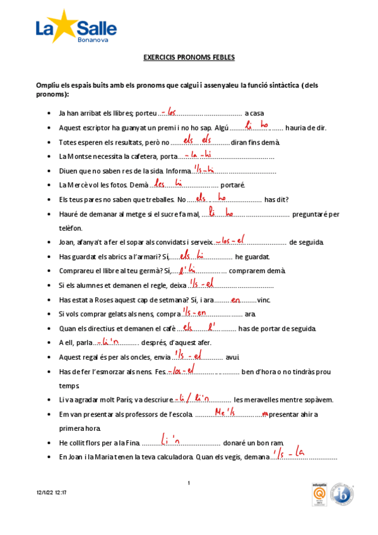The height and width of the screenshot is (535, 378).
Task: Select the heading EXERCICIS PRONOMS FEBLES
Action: [189, 57]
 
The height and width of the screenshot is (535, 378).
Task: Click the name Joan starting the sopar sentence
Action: [66, 242]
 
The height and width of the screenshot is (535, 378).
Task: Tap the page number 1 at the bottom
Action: [189, 483]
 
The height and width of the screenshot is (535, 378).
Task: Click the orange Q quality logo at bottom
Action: [318, 496]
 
